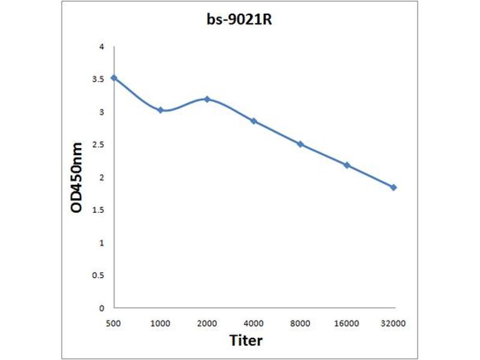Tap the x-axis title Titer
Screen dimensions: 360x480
[x=246, y=340]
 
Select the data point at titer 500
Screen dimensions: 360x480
[x=113, y=77]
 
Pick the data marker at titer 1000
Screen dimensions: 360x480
[x=160, y=110]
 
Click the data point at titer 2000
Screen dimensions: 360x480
[x=207, y=99]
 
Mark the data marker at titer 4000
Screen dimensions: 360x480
[x=254, y=121]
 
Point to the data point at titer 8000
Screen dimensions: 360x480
[x=300, y=145]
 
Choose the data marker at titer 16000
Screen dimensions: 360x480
[x=347, y=165]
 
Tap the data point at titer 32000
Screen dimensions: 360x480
[x=394, y=187]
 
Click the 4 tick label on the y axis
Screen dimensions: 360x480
[x=102, y=47]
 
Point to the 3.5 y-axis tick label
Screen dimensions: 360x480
[x=99, y=79]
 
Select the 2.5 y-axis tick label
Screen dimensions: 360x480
[x=99, y=145]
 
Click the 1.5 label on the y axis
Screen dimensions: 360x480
[x=99, y=210]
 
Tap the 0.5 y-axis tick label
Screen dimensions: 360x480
[x=99, y=275]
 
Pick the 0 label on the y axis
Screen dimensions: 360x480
[x=102, y=308]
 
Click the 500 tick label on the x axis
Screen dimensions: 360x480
[x=113, y=323]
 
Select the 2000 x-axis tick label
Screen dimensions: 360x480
[x=207, y=323]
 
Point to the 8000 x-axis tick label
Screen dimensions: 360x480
[x=300, y=323]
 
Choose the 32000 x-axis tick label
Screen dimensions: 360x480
[x=394, y=323]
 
